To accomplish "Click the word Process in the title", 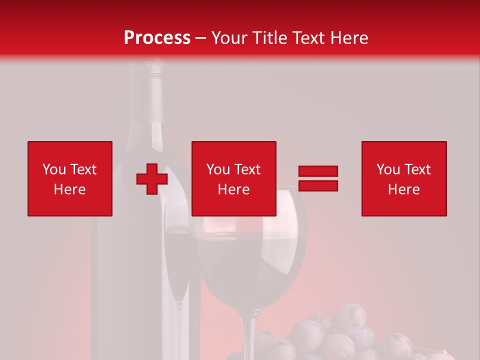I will (157, 38).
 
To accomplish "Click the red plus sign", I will (152, 179).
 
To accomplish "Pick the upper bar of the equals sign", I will (318, 171).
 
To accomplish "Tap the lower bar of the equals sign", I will (318, 185).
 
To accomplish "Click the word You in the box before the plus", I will (54, 169).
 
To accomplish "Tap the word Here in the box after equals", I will (404, 189).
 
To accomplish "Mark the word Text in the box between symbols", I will (248, 169).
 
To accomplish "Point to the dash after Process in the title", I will (201, 38).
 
